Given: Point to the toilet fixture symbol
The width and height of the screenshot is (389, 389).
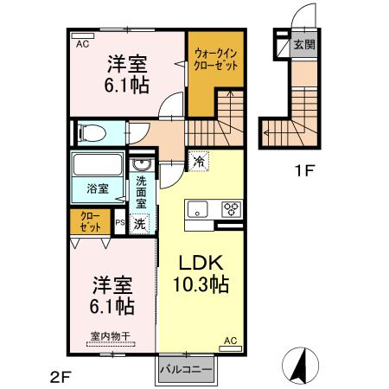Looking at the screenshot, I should (x=91, y=132).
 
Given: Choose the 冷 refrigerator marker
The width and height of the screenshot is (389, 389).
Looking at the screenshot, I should (x=199, y=161).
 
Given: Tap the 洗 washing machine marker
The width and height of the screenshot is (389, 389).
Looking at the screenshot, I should (x=141, y=222).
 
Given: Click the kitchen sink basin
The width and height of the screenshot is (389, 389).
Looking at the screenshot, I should (x=197, y=209).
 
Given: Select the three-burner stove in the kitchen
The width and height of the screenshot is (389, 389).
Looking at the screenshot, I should (x=232, y=208).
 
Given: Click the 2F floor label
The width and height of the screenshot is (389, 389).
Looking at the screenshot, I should (x=59, y=375).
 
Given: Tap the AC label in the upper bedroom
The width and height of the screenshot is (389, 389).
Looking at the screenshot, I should (x=83, y=42).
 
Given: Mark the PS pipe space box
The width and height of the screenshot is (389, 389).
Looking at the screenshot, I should (x=120, y=223).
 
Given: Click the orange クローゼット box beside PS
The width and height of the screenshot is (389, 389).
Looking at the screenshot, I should (x=91, y=221).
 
